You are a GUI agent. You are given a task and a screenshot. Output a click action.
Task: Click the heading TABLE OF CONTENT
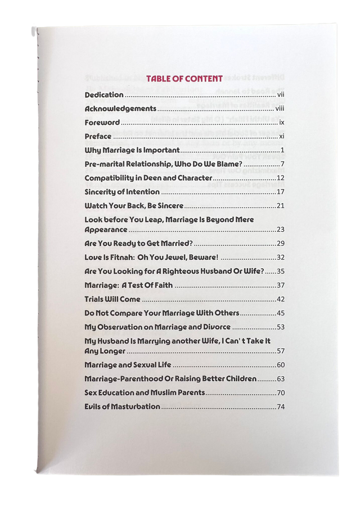(184, 79)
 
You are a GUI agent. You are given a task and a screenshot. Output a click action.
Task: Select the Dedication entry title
(104, 95)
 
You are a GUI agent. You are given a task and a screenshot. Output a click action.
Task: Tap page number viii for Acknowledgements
(280, 109)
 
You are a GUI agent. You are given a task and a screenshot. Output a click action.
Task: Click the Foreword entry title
(102, 123)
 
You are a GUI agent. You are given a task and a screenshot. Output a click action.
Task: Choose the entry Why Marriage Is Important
(132, 150)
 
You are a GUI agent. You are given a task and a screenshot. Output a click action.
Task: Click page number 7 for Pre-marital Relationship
(282, 164)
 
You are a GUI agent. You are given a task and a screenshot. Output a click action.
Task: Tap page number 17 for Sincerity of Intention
(280, 192)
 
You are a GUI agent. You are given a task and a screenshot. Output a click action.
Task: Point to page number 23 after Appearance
(280, 230)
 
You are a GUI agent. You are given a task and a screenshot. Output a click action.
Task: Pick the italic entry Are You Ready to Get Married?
(138, 244)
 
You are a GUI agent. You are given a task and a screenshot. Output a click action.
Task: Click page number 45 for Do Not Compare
(280, 313)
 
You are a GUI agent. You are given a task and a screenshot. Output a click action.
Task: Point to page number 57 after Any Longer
(280, 351)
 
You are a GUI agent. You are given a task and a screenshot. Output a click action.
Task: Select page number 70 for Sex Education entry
(280, 393)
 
